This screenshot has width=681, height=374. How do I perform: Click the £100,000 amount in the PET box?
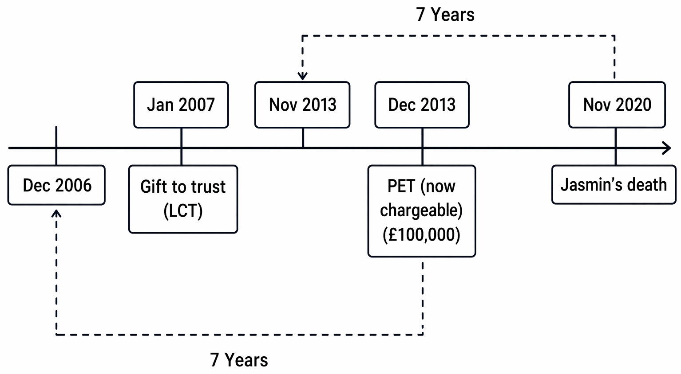coord(421,235)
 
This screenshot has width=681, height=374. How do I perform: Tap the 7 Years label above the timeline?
coord(445,15)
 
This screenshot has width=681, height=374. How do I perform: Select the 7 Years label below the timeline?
coord(239,360)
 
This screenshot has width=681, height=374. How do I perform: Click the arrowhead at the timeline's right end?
coord(667,148)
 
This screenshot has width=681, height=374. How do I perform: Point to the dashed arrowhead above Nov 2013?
coord(302,76)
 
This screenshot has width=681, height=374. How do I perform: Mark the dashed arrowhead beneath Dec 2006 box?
coord(56,214)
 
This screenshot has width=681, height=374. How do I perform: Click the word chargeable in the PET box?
coord(421,210)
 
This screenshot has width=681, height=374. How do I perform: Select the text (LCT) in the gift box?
coord(183,211)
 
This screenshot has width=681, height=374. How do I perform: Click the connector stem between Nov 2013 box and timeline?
coord(303,137)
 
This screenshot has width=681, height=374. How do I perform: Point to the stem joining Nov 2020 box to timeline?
coord(616,147)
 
